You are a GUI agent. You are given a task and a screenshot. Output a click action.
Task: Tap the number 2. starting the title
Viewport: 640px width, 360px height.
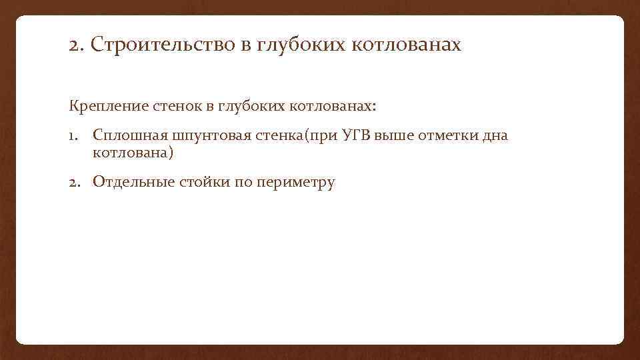76,46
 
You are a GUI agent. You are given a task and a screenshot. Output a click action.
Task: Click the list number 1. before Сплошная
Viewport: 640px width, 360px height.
75,136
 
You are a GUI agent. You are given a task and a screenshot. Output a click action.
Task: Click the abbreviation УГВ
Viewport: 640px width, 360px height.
356,136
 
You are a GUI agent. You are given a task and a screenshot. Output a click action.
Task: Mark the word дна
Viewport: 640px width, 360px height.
495,136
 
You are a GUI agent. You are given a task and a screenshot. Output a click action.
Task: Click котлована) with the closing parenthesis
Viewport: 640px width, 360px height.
133,153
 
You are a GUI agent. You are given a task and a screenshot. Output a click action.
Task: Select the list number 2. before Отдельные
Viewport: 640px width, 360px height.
75,182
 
